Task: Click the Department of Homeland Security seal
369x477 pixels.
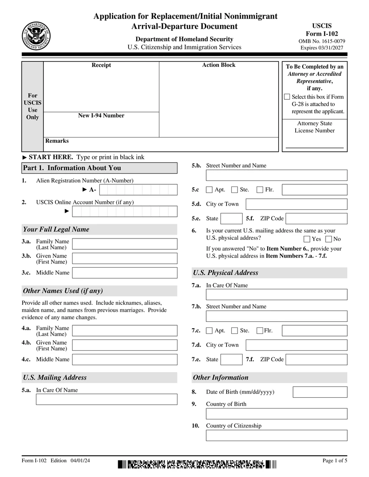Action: (x=36, y=36)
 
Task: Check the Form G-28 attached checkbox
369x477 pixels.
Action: (x=287, y=97)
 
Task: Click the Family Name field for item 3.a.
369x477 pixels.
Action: (x=125, y=244)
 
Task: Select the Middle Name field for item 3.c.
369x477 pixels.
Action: (x=125, y=273)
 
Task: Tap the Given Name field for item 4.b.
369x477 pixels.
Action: (x=125, y=345)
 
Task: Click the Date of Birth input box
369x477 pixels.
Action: (x=320, y=392)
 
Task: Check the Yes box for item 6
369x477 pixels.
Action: (x=307, y=239)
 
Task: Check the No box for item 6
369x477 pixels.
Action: (x=328, y=239)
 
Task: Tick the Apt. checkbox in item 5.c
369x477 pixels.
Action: (x=209, y=189)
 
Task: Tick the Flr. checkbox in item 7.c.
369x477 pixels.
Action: (x=260, y=331)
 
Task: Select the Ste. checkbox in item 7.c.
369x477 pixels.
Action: (x=235, y=331)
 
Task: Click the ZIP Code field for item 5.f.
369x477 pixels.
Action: (x=316, y=219)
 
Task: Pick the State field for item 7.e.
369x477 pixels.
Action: (x=231, y=359)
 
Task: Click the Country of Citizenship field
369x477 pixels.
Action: (x=277, y=435)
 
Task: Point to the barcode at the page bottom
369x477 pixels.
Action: (x=197, y=464)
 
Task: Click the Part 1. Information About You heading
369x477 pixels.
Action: (x=99, y=168)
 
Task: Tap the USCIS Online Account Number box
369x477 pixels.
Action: (x=125, y=211)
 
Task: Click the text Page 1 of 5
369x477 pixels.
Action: (x=334, y=461)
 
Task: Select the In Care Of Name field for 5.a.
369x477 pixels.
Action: (x=106, y=399)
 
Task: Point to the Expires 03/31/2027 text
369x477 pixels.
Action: (x=322, y=48)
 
